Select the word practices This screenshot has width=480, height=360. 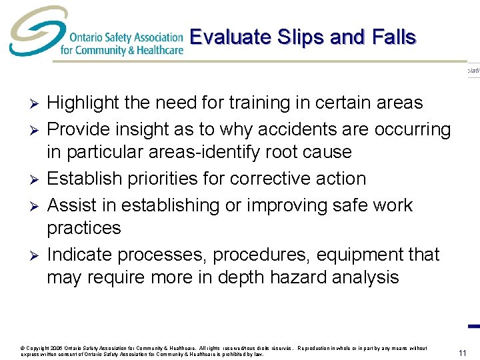pyautogui.click(x=83, y=229)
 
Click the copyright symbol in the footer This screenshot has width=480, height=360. pyautogui.click(x=24, y=348)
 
